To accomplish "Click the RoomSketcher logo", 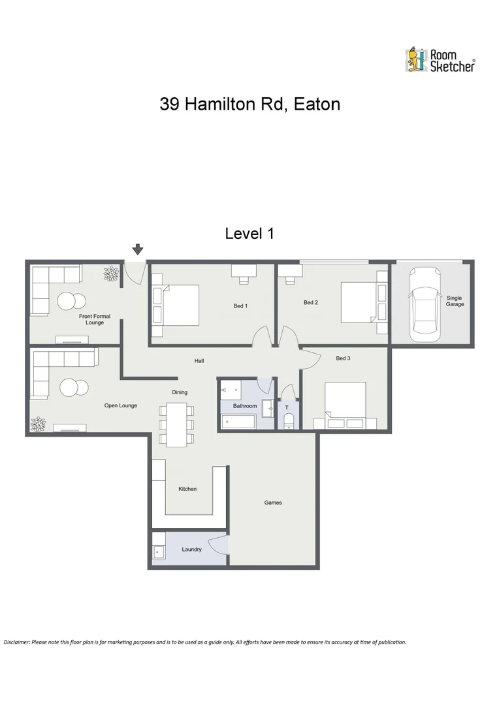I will (x=440, y=59).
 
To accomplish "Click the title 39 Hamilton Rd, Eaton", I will (x=249, y=104).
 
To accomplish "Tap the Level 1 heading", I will (x=249, y=233).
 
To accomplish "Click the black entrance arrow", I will (x=138, y=249).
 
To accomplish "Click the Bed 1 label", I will (x=240, y=305).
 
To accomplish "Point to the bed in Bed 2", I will (x=357, y=302).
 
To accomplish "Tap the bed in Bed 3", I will (x=345, y=401).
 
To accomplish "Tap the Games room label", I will (x=273, y=503).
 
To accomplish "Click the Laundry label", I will (x=191, y=550).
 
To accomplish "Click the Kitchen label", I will (x=187, y=489).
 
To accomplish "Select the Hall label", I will (x=199, y=360).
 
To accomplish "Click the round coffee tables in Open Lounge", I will (x=74, y=388).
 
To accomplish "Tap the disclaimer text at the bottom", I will (x=205, y=642).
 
